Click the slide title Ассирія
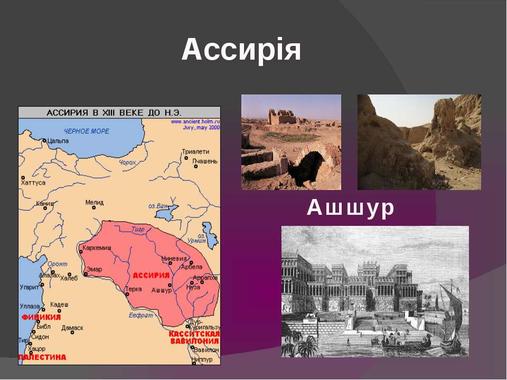pyautogui.click(x=241, y=51)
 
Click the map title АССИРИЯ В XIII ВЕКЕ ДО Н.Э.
pyautogui.click(x=119, y=112)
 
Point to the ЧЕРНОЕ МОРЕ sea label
pyautogui.click(x=87, y=131)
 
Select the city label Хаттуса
pyautogui.click(x=33, y=183)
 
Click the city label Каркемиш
pyautogui.click(x=97, y=247)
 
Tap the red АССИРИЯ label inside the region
pyautogui.click(x=151, y=275)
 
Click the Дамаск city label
pyautogui.click(x=72, y=328)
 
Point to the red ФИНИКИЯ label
pyautogui.click(x=41, y=317)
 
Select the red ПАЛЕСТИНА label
pyautogui.click(x=43, y=357)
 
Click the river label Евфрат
pyautogui.click(x=140, y=315)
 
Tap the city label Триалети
pyautogui.click(x=195, y=151)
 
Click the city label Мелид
pyautogui.click(x=95, y=202)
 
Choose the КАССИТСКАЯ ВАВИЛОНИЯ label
pyautogui.click(x=194, y=337)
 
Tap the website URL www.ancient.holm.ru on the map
pyautogui.click(x=194, y=121)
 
